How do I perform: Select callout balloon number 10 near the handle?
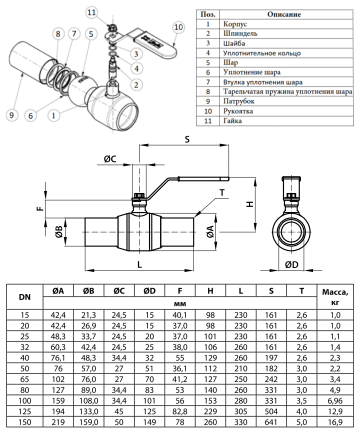click(178, 26)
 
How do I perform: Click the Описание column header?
click(283, 14)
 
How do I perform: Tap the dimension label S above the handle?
click(187, 140)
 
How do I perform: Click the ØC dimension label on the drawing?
click(110, 159)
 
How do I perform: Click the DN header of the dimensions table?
click(24, 297)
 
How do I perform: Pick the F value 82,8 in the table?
click(180, 412)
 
